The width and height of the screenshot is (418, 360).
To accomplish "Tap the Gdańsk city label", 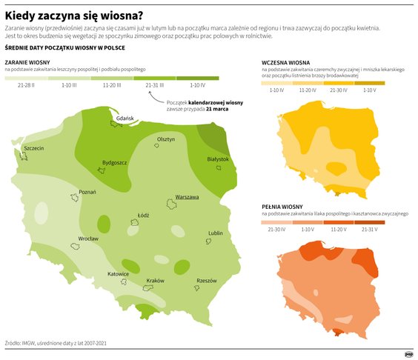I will pos(125,119).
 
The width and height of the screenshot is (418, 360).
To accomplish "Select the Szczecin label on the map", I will pos(34,148).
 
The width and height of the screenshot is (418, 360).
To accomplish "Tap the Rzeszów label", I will pos(206,281).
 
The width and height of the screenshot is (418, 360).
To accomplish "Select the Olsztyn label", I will pos(166,139).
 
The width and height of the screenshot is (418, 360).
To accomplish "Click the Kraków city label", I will pos(155,281).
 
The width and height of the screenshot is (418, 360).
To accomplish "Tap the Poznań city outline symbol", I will pos(75,198).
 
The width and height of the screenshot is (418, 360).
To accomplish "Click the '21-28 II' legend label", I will pos(27,86).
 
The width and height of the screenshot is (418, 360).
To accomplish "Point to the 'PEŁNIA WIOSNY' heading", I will pos(282,206).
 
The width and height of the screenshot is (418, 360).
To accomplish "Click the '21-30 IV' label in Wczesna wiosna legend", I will pos(338,90).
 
